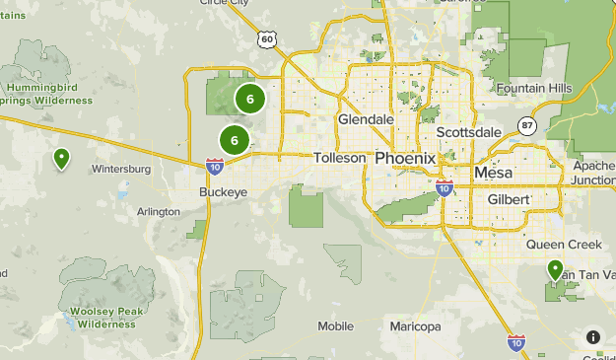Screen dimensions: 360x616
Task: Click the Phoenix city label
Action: click(x=405, y=158)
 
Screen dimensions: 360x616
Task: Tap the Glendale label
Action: click(x=366, y=119)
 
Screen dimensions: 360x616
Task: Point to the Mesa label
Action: click(x=494, y=172)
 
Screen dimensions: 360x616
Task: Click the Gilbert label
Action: click(x=510, y=199)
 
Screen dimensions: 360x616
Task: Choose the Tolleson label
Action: click(x=340, y=158)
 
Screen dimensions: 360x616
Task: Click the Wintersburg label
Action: click(x=120, y=169)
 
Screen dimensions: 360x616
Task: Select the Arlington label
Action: click(x=159, y=212)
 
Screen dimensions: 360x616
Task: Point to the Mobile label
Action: click(x=335, y=325)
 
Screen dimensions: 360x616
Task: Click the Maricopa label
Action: click(x=415, y=325)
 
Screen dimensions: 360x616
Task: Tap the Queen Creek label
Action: click(x=557, y=244)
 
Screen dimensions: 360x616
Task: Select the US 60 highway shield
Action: click(x=268, y=38)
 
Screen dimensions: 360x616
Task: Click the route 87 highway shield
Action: click(x=527, y=125)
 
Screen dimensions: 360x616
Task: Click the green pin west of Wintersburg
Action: click(x=62, y=158)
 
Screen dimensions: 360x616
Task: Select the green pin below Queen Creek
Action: click(x=555, y=269)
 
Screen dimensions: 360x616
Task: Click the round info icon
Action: click(x=593, y=337)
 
